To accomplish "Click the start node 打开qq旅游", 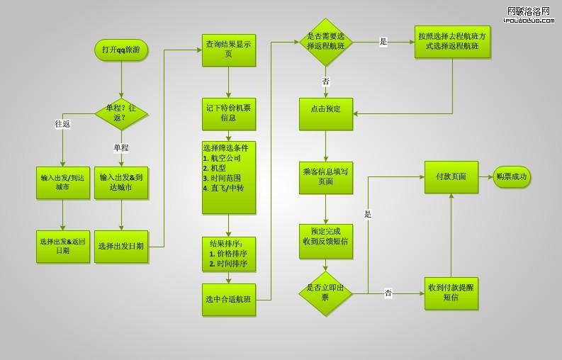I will [121, 50].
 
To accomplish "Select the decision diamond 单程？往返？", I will [121, 112].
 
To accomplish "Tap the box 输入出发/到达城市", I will [63, 183].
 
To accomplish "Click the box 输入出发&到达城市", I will [121, 183].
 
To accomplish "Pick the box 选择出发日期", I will [121, 247].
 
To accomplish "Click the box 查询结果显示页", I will [228, 49].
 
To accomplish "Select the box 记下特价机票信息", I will [228, 113].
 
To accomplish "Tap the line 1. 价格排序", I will [228, 254].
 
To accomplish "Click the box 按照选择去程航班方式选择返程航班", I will [452, 42].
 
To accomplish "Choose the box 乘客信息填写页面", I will [325, 177].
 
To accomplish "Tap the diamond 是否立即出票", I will [325, 293].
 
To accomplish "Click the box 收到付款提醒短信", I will [451, 293].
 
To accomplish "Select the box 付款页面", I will [451, 177].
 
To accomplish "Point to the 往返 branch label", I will [62, 124].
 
